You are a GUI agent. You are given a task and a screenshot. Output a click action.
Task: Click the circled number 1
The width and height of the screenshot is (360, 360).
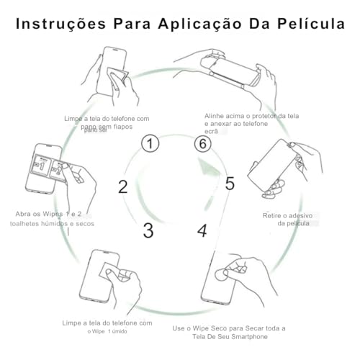point(149,143)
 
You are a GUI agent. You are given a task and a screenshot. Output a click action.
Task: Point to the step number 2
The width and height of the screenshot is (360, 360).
point(123,187)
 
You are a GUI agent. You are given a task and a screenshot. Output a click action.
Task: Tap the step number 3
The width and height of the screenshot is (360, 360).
point(148,230)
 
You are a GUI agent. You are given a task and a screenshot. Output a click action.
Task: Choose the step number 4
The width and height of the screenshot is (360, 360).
point(202,230)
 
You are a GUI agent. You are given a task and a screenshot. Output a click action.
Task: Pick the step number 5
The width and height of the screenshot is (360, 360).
point(229,184)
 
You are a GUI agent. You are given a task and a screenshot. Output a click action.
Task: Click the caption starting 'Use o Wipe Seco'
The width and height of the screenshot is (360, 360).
point(230,332)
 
